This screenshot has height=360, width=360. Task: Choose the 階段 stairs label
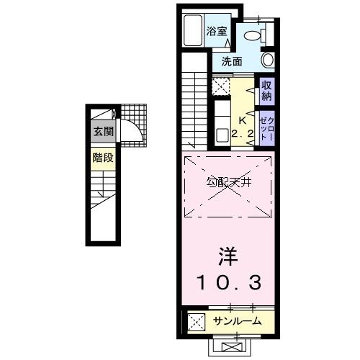pyautogui.click(x=102, y=158)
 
